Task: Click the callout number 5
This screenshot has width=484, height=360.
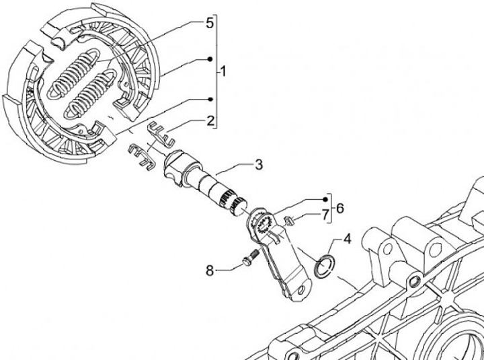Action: pos(209,24)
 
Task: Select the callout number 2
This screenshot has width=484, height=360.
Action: pos(210,121)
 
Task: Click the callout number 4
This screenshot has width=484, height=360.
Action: pos(347,238)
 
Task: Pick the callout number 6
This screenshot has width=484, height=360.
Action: pos(339,208)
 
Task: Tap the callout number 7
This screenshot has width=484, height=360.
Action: pos(324,215)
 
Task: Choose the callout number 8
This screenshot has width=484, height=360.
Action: pos(210,271)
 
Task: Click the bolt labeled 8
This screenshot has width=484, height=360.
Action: pos(250,258)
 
